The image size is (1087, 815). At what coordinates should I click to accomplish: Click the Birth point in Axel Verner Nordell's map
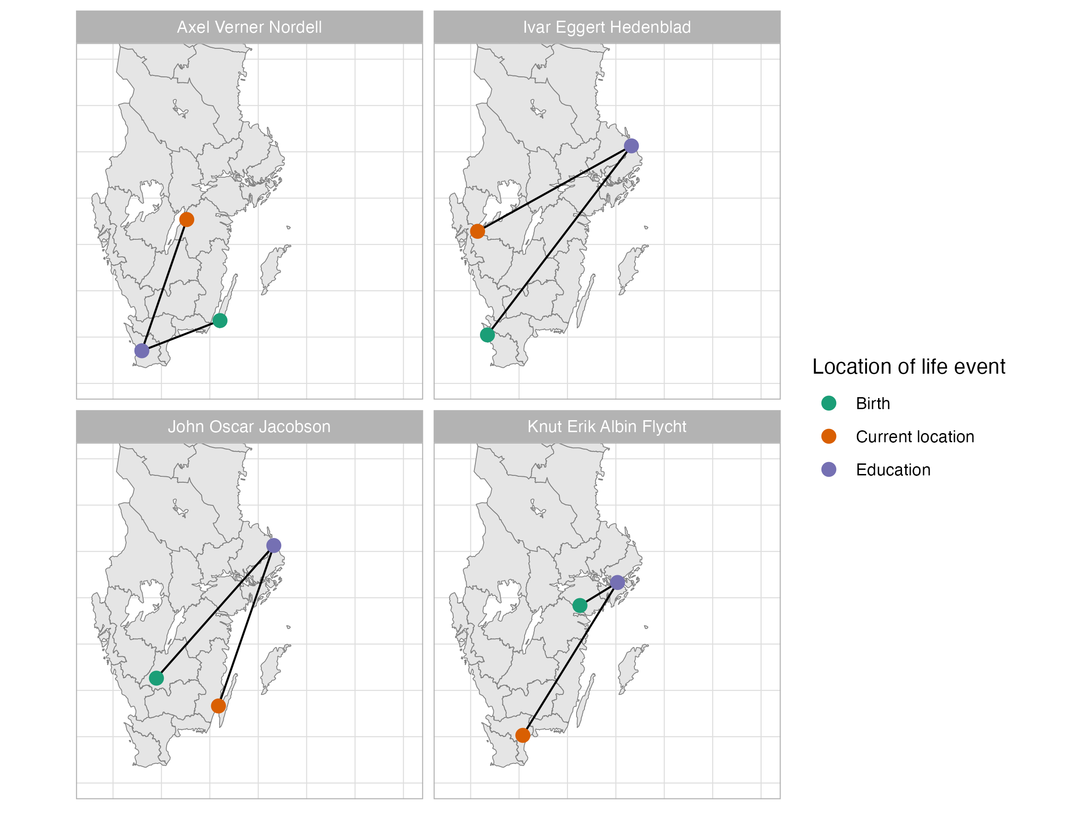coord(220,321)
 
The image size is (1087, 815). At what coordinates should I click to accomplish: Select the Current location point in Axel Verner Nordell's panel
coord(187,220)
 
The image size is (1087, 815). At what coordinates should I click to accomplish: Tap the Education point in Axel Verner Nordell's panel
coord(142,351)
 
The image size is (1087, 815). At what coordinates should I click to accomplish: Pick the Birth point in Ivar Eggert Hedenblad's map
coord(487,335)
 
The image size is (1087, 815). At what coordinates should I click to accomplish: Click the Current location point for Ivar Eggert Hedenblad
coord(478,231)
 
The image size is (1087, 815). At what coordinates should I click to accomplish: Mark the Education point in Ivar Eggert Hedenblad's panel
coord(631,146)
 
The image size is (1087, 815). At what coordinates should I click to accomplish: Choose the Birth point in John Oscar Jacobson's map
coord(156,678)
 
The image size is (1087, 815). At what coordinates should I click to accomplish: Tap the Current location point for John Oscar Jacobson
coord(218,706)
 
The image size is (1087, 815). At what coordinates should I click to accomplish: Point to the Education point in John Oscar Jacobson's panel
coord(274,546)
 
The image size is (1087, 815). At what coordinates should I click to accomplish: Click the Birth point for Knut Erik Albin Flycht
coord(580,606)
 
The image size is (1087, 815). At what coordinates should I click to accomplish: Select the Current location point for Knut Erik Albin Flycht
coord(523,735)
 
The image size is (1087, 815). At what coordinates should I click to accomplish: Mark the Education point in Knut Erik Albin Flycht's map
coord(618,583)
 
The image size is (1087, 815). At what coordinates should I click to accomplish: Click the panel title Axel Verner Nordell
coord(249,27)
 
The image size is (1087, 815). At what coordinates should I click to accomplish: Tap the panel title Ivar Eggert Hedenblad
coord(607,27)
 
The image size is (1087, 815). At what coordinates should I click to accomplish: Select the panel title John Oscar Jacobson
coord(249,427)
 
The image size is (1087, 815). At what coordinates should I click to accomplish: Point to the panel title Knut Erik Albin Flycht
coord(607,427)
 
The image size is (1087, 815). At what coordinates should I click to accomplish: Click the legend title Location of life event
coord(908,367)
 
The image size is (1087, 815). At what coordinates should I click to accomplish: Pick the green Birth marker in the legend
coord(829,403)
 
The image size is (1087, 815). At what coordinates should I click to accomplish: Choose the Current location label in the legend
coord(915,437)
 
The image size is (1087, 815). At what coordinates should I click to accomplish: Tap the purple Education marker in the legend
coord(829,470)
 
